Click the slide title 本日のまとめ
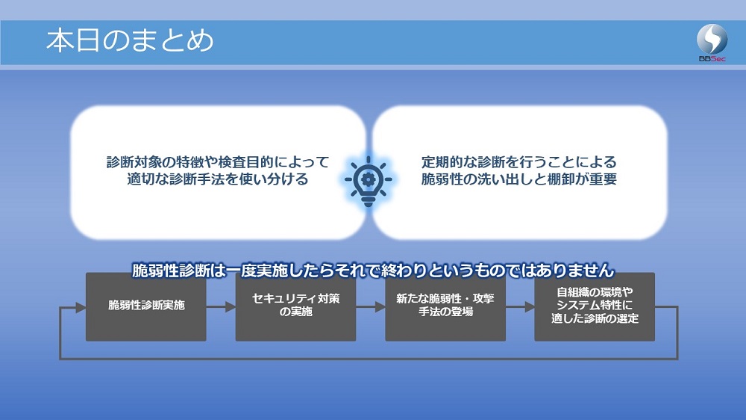[130, 40]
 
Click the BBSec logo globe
[712, 39]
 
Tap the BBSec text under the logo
[712, 58]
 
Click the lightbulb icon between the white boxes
[369, 181]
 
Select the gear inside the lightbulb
[369, 179]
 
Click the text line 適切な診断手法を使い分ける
[217, 179]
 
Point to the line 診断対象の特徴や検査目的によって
[217, 162]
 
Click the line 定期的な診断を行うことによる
[518, 162]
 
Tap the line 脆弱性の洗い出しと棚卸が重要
[518, 179]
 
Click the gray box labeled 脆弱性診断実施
[146, 306]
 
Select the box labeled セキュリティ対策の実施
[295, 306]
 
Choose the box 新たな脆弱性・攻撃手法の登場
[445, 306]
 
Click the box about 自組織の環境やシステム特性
[595, 306]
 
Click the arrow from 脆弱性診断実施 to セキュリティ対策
[221, 307]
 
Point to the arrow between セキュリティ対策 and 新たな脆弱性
[371, 307]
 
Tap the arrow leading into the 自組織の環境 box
[520, 307]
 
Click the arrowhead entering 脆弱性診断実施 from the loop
[81, 307]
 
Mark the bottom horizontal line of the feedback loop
[369, 359]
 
